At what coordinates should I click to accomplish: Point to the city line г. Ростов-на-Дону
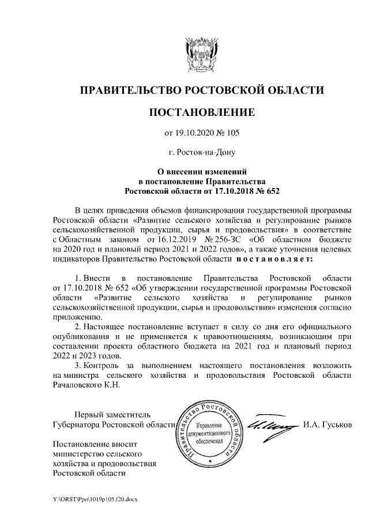[202, 153]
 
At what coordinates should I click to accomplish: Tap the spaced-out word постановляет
[276, 260]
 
